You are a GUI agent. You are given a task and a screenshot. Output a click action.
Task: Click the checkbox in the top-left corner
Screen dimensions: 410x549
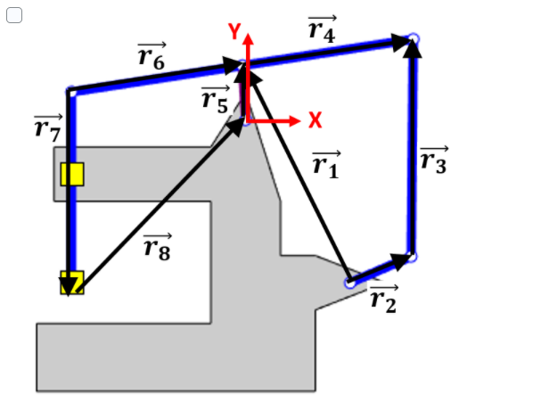13,16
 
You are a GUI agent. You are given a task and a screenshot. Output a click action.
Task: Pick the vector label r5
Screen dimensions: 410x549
215,99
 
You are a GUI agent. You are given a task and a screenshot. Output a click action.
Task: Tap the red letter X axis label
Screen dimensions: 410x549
315,119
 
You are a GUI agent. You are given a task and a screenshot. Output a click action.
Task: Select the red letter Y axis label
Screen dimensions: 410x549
234,32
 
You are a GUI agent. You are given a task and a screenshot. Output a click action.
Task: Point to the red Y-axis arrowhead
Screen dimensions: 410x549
248,40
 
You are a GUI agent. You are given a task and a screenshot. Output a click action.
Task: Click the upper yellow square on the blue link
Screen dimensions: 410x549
72,173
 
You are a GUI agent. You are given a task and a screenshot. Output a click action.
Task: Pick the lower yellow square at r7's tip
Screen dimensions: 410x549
72,283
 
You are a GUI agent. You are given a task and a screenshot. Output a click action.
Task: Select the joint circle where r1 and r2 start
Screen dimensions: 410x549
349,283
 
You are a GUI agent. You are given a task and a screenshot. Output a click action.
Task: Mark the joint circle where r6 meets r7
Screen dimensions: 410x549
71,90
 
